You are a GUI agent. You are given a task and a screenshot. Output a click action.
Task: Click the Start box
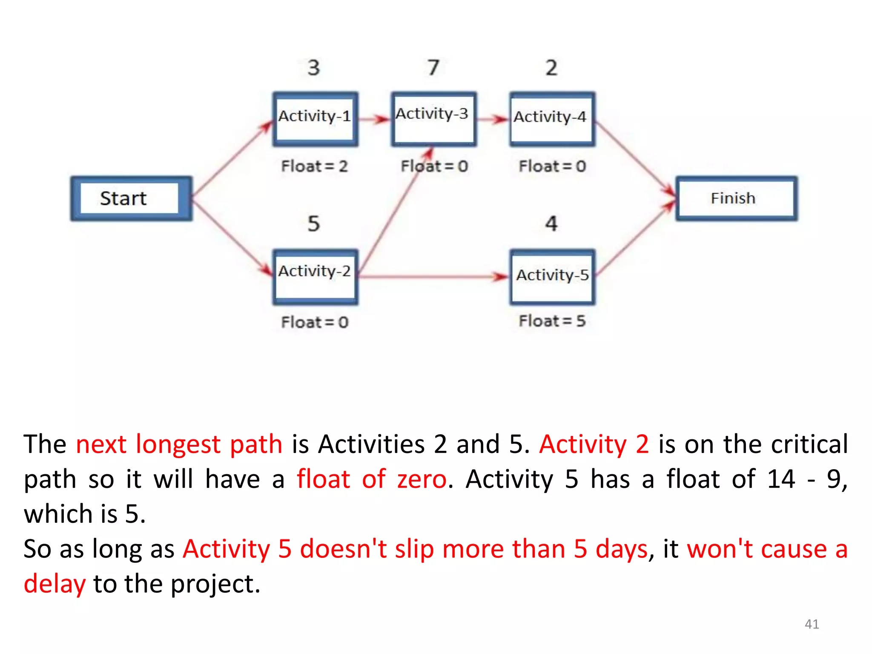coord(131,198)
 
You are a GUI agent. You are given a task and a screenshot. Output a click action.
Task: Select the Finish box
coord(736,198)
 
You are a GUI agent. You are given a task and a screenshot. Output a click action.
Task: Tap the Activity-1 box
coord(315,119)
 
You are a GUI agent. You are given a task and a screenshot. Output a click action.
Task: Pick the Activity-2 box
coord(315,277)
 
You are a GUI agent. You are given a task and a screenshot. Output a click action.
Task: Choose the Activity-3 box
coord(433,119)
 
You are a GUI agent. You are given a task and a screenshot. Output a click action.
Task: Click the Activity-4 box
coord(552,119)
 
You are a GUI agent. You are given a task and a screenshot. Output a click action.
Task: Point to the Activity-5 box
coord(552,277)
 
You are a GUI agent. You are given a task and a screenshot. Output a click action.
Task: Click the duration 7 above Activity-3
coord(433,67)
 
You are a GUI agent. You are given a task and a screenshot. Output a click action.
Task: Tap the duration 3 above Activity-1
coord(314,67)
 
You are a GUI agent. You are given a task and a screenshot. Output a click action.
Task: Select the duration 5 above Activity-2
coord(314,224)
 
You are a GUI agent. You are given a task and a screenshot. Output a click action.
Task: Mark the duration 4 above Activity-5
coord(551,224)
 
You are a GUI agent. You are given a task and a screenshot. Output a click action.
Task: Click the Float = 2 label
coord(315,166)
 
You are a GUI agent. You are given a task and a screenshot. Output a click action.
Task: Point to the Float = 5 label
coord(552,321)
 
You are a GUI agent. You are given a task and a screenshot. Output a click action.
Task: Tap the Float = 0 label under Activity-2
coord(315,322)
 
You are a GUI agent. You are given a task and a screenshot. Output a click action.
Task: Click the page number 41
coord(812,624)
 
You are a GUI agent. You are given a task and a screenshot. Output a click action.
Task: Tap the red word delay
coord(54,584)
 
